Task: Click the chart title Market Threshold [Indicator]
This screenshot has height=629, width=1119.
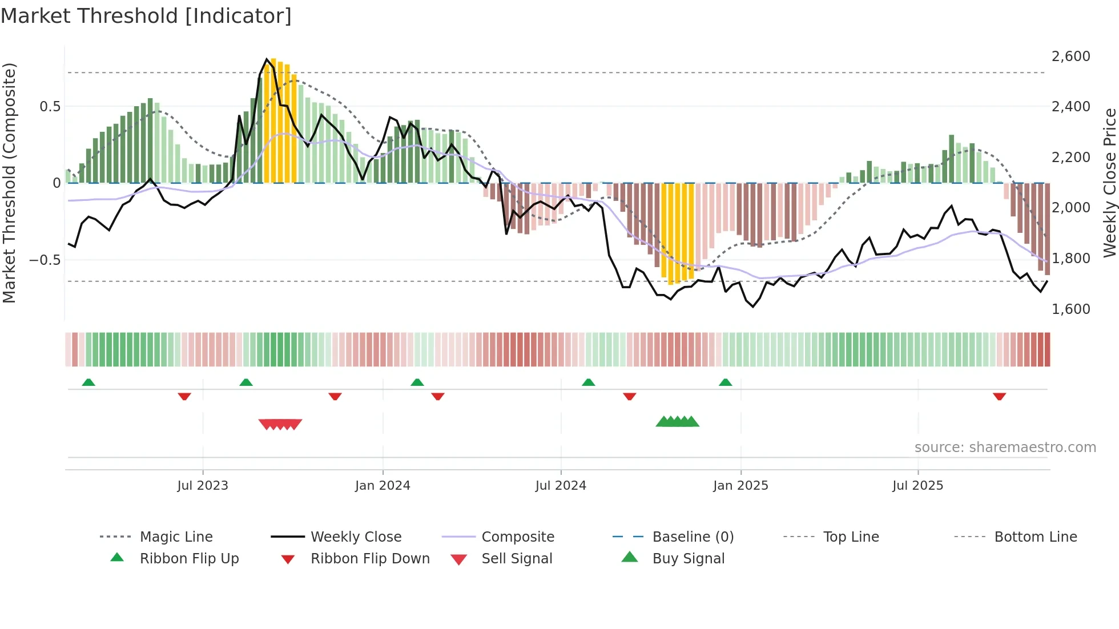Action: pos(146,16)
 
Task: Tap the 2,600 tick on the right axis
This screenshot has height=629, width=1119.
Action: pos(1070,57)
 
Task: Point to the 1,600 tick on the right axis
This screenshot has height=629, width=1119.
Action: pos(1070,309)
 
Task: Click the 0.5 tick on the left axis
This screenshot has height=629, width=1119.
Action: pos(50,107)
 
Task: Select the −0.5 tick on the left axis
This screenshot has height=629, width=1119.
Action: pos(45,260)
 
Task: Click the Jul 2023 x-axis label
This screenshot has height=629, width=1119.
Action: pos(203,486)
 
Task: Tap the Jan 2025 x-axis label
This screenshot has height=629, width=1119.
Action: pos(740,486)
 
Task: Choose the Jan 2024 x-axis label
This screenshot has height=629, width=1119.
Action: pos(383,486)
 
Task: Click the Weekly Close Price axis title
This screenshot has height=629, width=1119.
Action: pos(1109,183)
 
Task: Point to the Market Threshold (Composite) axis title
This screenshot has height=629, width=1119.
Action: pos(9,183)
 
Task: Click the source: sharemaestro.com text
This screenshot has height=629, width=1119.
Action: pos(1005,447)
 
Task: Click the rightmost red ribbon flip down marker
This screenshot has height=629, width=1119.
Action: pos(999,396)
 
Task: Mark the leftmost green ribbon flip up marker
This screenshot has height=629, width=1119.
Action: pos(88,382)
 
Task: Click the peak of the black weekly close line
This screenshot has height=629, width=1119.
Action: pos(267,59)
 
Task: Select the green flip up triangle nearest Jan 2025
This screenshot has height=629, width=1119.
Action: pos(725,382)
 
